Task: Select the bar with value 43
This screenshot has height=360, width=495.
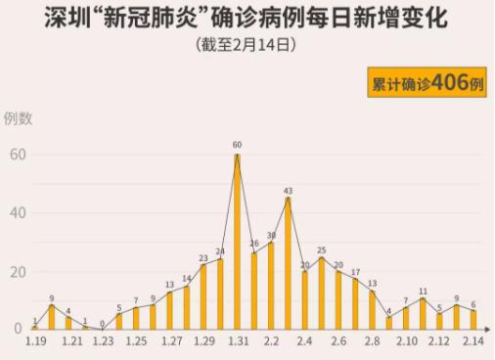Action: [x=288, y=264]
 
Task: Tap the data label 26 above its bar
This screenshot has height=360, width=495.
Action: [x=253, y=244]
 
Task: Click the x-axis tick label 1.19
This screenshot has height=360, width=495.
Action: [x=36, y=342]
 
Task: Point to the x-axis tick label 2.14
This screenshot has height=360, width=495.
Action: [x=474, y=342]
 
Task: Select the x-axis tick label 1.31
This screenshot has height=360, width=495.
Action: [x=238, y=342]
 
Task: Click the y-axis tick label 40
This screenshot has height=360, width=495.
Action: [x=17, y=212]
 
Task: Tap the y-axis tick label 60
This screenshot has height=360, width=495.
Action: [x=17, y=155]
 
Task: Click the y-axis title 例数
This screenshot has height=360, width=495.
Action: [x=19, y=118]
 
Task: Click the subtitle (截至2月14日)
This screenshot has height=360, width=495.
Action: [x=247, y=45]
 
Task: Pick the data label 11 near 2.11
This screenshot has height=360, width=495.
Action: [x=423, y=291]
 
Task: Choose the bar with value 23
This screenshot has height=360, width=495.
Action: [x=203, y=296]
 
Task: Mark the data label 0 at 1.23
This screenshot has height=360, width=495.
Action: [x=102, y=323]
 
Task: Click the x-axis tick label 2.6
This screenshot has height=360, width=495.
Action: [x=338, y=342]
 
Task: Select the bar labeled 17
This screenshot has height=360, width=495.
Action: [x=355, y=304]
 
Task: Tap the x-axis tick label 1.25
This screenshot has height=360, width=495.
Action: [x=137, y=342]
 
